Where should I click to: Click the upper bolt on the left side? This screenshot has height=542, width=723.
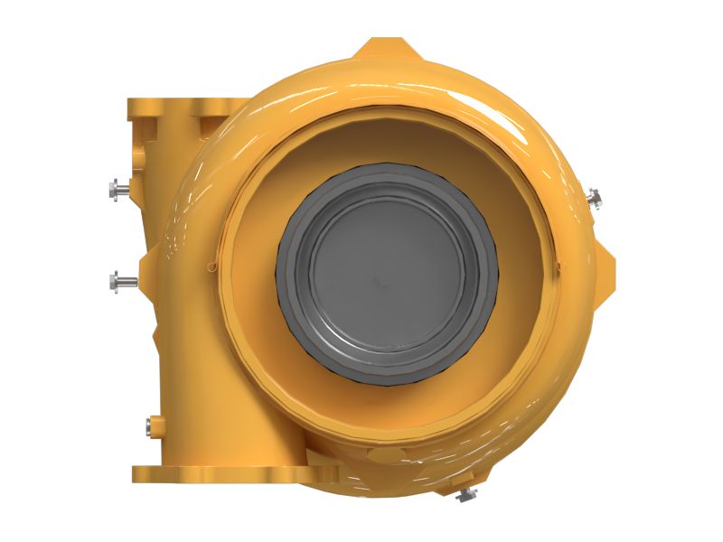point(118,189)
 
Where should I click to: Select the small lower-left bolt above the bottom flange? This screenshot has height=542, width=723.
point(151,424)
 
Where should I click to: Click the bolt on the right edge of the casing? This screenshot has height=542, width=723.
point(594,196)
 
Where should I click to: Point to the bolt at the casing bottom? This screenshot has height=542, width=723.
point(466,493)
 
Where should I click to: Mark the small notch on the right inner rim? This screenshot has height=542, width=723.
point(559,266)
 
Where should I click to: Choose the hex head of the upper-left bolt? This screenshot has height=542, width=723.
point(112,189)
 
